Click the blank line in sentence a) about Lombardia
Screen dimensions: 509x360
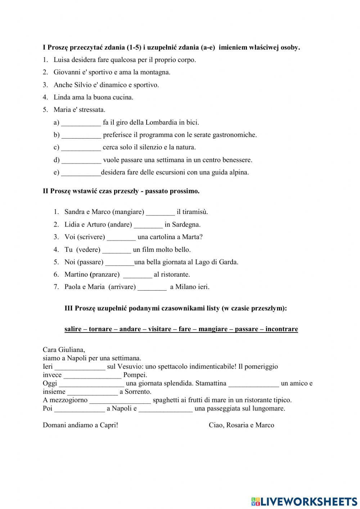click(x=81, y=123)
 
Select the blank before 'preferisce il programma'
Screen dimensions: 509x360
click(x=81, y=135)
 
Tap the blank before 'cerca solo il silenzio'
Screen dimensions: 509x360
click(x=81, y=148)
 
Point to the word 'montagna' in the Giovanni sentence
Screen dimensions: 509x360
click(x=157, y=72)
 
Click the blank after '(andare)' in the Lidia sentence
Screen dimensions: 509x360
click(x=148, y=225)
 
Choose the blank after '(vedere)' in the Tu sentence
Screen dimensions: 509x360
click(x=117, y=250)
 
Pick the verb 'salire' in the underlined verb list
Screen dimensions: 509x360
click(x=73, y=329)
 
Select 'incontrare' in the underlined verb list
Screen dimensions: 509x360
click(x=282, y=329)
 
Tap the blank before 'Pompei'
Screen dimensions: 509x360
click(x=93, y=375)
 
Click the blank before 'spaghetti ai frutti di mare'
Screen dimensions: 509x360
click(x=120, y=400)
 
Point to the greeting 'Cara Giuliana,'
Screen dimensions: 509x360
click(x=64, y=350)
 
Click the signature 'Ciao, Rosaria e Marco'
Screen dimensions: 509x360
click(x=241, y=425)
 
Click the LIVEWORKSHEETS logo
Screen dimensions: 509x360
click(x=304, y=501)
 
